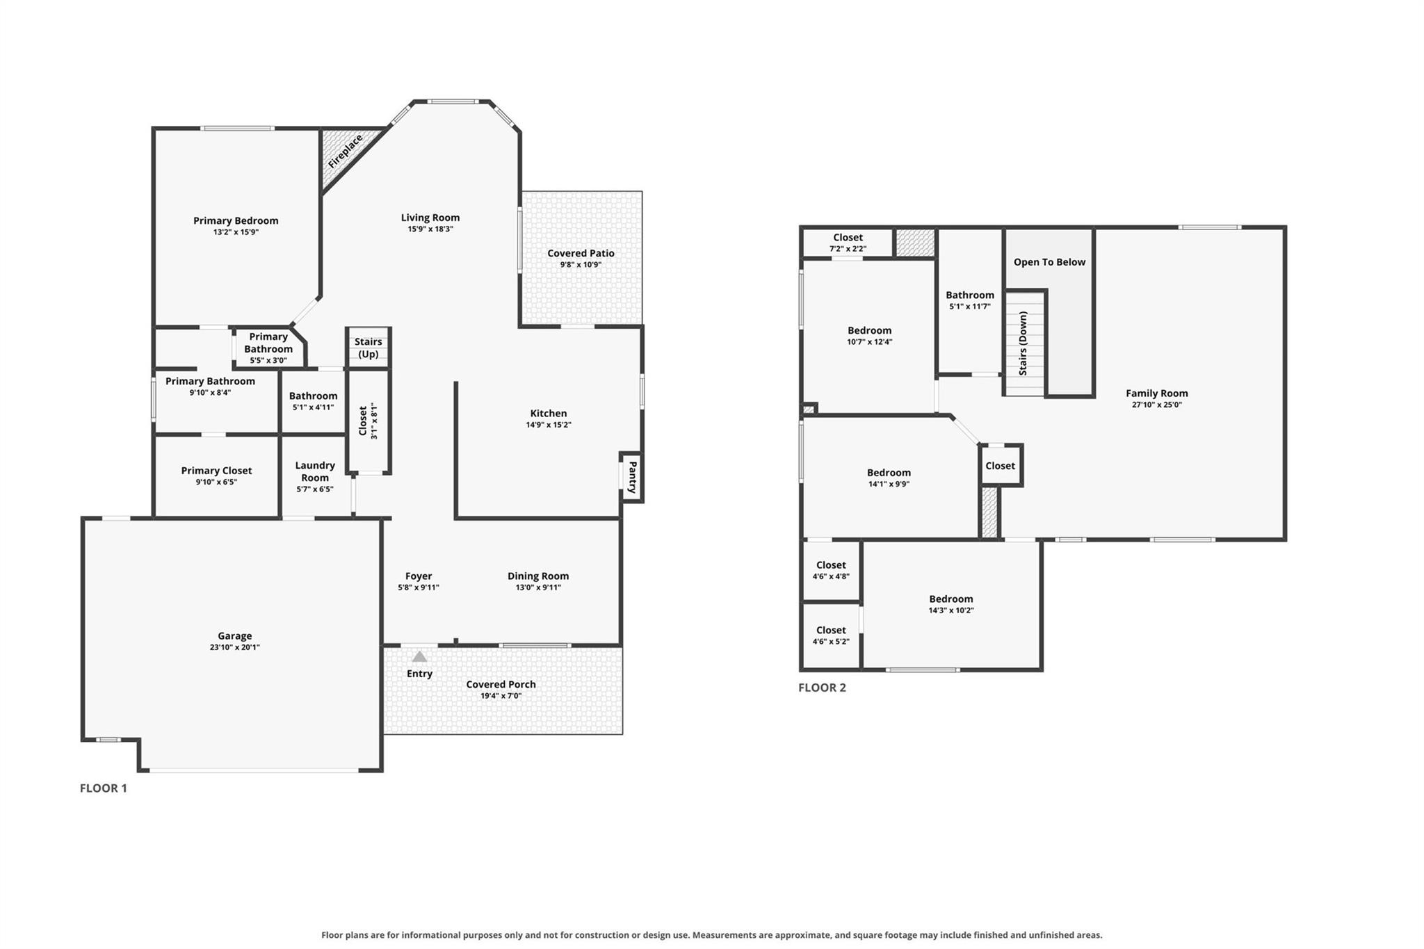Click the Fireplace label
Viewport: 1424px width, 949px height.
pos(346,151)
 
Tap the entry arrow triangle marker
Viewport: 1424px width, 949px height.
pos(419,656)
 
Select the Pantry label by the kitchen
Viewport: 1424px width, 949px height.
pos(633,477)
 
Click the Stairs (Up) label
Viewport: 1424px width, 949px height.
pos(369,348)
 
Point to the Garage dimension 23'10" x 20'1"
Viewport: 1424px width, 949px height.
pos(235,647)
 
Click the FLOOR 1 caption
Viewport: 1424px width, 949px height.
pos(104,788)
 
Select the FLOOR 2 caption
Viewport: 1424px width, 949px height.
pos(822,688)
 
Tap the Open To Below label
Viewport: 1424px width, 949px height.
pos(1049,262)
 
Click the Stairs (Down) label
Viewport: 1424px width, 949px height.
pos(1023,343)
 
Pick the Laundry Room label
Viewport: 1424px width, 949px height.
pos(315,471)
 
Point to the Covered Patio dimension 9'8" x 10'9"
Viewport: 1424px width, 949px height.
pos(581,265)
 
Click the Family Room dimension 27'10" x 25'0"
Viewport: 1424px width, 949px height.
pos(1157,405)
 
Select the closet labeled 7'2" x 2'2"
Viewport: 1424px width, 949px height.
pos(848,243)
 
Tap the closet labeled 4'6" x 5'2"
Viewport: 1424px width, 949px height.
pos(831,635)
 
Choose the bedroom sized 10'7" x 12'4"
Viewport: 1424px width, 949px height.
pos(869,336)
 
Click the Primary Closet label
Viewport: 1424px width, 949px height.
pos(216,471)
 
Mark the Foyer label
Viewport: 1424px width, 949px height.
pos(419,576)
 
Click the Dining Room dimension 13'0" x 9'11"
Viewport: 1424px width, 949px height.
pos(538,587)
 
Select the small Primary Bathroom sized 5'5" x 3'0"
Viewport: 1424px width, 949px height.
pos(268,348)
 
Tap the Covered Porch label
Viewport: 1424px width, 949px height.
pos(501,684)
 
